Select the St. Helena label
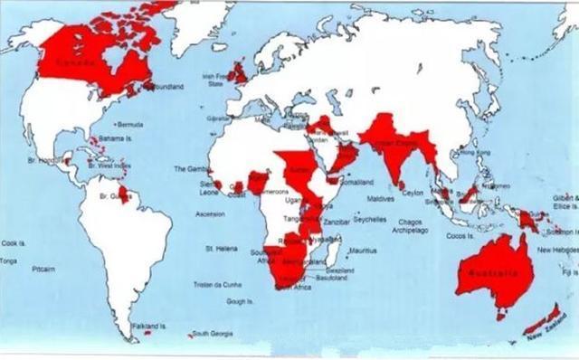pyautogui.click(x=221, y=247)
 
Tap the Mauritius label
pyautogui.click(x=361, y=250)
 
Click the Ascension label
pyautogui.click(x=210, y=214)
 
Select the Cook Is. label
pyautogui.click(x=14, y=242)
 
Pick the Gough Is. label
pyautogui.click(x=239, y=301)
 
